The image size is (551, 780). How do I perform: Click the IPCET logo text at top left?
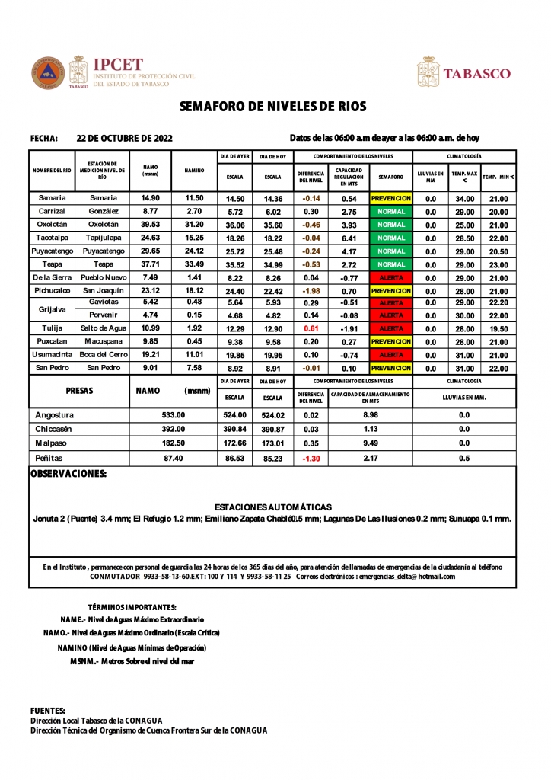117,65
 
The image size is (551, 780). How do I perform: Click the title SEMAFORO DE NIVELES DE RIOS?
273,107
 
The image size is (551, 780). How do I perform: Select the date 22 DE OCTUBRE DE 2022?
125,138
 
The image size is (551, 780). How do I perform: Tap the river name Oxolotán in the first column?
53,225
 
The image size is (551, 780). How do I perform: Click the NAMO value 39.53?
150,225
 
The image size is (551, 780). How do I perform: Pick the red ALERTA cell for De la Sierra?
390,278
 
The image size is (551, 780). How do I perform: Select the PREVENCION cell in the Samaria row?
390,198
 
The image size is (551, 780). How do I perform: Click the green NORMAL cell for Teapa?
390,264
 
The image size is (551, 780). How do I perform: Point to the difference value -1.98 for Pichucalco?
311,291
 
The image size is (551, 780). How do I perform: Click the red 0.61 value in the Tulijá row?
311,328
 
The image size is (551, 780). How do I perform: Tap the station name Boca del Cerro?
103,355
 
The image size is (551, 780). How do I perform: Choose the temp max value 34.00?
464,198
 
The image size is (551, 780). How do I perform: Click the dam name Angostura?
55,415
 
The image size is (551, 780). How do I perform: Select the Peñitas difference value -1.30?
311,459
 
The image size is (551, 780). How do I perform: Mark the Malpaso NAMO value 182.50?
174,443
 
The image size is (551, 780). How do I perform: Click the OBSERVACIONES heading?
68,474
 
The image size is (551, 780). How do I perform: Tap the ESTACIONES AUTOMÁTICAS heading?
273,507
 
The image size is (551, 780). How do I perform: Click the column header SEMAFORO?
390,177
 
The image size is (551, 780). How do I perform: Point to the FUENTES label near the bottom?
48,710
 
